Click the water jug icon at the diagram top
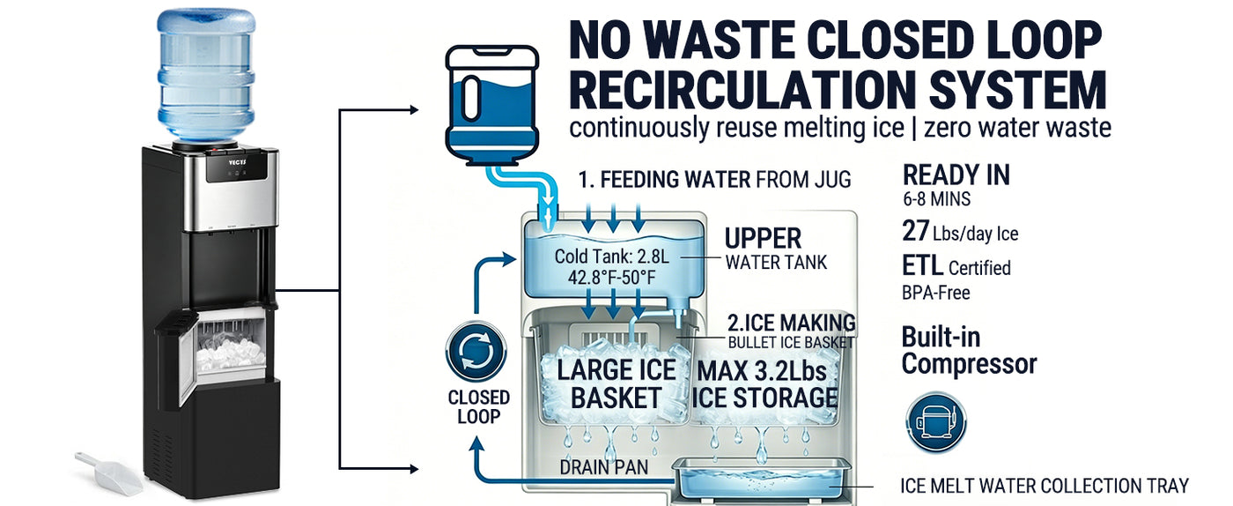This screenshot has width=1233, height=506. click(491, 106)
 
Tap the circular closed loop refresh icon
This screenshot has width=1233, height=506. click(476, 352)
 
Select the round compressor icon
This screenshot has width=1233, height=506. click(935, 422)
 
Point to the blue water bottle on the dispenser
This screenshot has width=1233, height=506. click(206, 75)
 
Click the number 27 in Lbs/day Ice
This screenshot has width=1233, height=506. click(916, 232)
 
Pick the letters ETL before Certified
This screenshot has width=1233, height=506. click(921, 266)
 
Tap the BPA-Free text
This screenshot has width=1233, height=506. click(936, 292)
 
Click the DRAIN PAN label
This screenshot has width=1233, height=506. click(604, 466)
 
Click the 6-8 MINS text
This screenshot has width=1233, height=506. click(936, 200)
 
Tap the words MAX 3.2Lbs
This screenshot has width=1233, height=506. click(766, 370)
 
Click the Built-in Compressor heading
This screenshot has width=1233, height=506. click(969, 350)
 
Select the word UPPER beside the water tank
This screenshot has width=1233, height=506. click(763, 238)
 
